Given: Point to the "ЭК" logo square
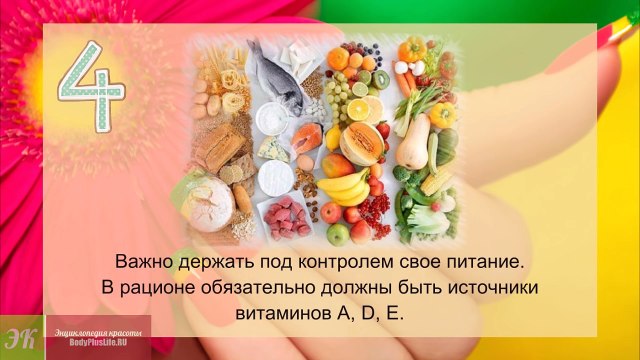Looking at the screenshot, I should coord(17,337).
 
